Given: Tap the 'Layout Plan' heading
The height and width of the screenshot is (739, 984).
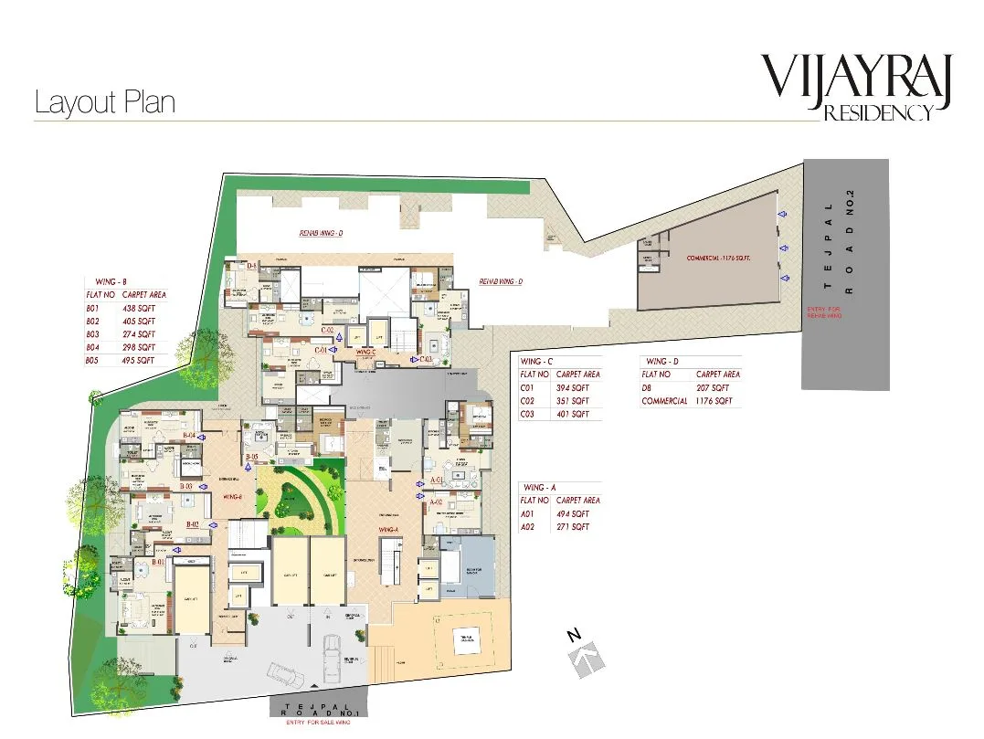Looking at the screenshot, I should (x=104, y=102).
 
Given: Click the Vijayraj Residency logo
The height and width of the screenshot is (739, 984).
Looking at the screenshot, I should (x=857, y=86).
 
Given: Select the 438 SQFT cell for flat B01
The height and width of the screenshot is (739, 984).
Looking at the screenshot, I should (x=137, y=309).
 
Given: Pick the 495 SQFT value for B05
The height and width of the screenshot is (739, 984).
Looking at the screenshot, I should (x=137, y=360).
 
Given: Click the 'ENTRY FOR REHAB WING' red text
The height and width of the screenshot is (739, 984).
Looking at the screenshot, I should (x=824, y=312).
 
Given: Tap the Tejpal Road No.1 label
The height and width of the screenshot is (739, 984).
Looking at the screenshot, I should (x=319, y=710).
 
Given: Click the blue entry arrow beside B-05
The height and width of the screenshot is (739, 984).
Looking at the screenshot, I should (x=248, y=465).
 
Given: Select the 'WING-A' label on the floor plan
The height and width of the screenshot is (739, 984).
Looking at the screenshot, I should (x=387, y=529).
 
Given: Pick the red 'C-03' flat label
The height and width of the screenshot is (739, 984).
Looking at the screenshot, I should (x=426, y=358).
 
